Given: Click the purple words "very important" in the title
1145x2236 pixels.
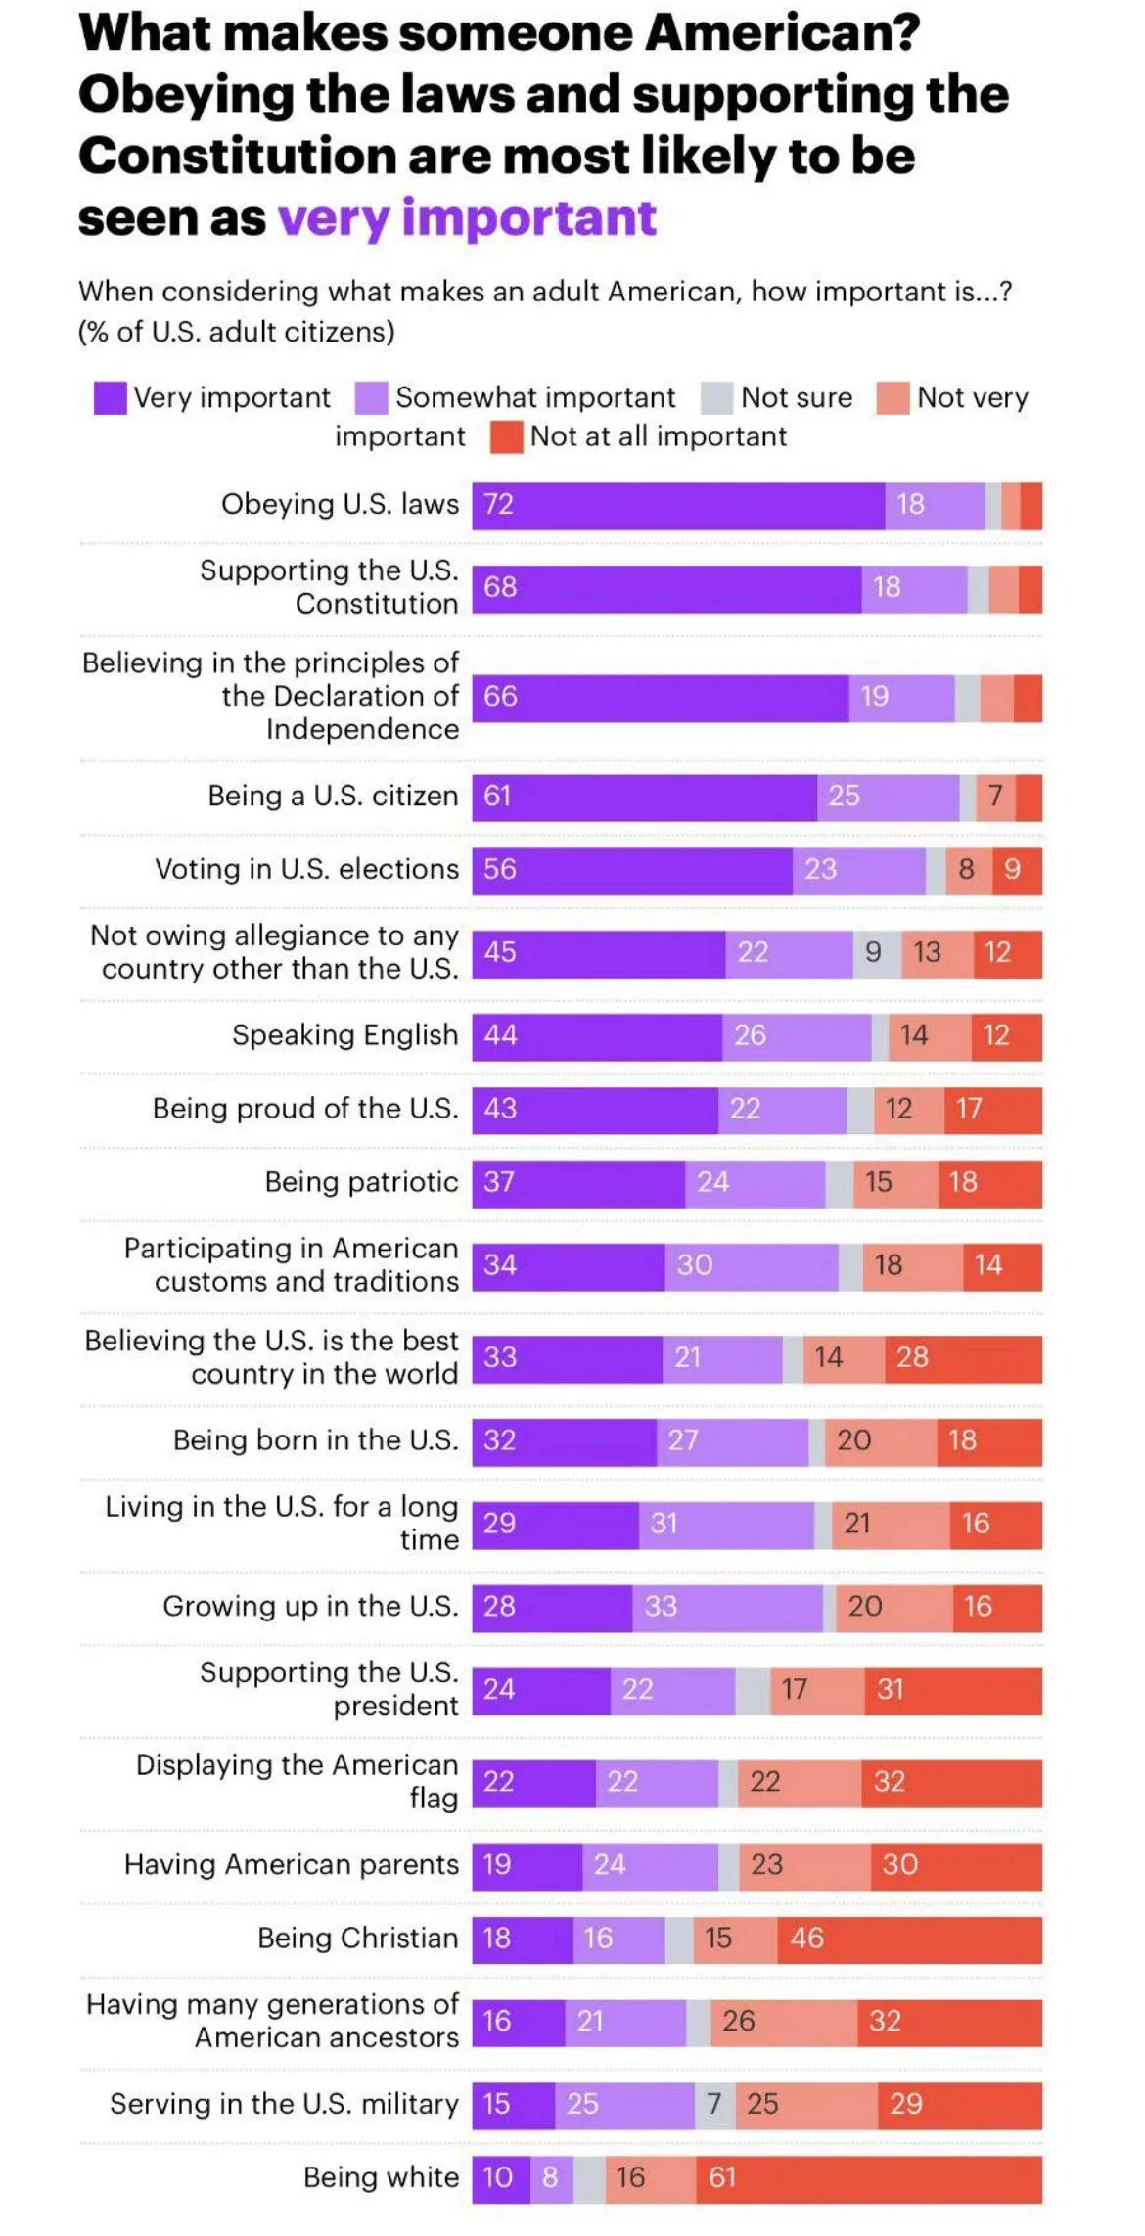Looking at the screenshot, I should tap(466, 217).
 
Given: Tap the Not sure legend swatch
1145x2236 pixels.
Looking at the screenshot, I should tap(716, 398).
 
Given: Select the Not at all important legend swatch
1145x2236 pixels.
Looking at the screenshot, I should tap(506, 437).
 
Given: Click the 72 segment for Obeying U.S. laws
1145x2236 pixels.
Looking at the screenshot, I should tap(678, 505).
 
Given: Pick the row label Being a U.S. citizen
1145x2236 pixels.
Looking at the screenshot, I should tap(333, 796).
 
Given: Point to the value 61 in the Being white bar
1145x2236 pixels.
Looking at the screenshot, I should tap(868, 2177).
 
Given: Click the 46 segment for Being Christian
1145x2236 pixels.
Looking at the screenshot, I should tap(909, 1938).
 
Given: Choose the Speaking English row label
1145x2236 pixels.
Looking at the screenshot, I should tap(344, 1034).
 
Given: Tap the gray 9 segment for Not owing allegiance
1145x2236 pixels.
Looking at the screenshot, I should tap(875, 952).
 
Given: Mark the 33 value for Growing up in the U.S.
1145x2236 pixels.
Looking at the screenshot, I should tap(726, 1606).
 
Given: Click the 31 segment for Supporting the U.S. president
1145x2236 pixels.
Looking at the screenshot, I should tap(952, 1689).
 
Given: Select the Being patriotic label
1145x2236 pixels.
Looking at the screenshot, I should tap(361, 1181).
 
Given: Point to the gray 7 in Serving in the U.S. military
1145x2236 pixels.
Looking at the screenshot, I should tap(714, 2103).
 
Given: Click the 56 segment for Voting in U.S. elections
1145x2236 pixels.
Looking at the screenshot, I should tap(632, 869).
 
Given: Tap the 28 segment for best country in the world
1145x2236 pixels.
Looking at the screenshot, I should tap(963, 1357).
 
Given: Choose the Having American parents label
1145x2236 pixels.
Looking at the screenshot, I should tap(291, 1864).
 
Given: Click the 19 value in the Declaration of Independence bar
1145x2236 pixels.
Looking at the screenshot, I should tap(900, 697).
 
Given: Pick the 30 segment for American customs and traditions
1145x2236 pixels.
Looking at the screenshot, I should tap(751, 1265).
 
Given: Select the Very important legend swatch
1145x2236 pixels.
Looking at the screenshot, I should tap(110, 398).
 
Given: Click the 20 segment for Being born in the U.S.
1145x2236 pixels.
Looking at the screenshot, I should tap(880, 1440).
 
